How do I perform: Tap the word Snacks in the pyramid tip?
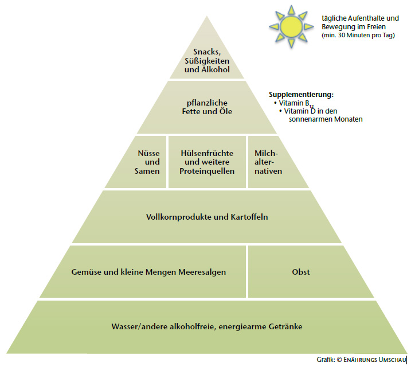(206, 52)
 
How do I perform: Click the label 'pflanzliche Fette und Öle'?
(206, 107)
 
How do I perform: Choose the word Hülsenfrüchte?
(207, 154)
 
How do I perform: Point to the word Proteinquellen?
(207, 172)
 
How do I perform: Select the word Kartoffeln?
(249, 217)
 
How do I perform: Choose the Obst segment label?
(300, 272)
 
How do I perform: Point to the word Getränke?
(285, 326)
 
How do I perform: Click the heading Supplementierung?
(301, 94)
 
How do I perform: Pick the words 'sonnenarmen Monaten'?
(323, 119)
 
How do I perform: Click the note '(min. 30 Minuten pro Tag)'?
(354, 36)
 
